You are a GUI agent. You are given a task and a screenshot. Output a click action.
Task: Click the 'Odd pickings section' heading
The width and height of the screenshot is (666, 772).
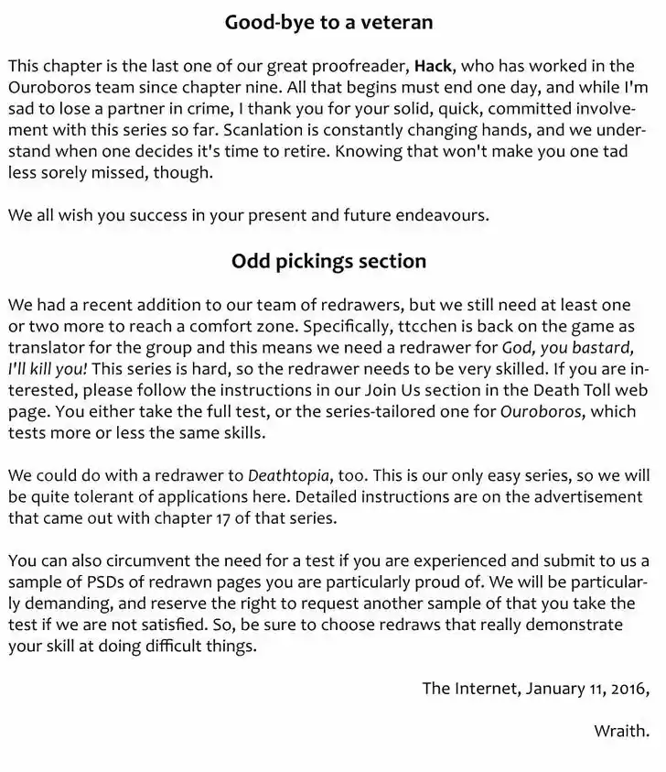328,261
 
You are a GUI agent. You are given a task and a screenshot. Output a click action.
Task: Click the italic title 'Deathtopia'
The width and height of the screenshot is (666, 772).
293,475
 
